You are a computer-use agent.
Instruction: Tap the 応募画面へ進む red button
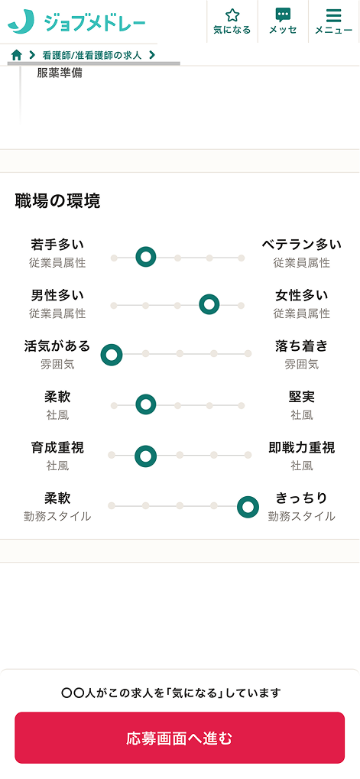pyautogui.click(x=180, y=738)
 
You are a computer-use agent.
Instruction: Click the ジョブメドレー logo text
pyautogui.click(x=95, y=22)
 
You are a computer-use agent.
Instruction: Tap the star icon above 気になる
pyautogui.click(x=232, y=15)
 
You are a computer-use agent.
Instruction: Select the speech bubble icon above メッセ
pyautogui.click(x=283, y=15)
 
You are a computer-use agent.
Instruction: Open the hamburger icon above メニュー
pyautogui.click(x=334, y=15)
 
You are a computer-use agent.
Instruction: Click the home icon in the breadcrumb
pyautogui.click(x=16, y=55)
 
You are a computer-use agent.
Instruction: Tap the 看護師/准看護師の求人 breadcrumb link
pyautogui.click(x=92, y=55)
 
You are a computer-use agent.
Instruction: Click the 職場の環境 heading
pyautogui.click(x=57, y=201)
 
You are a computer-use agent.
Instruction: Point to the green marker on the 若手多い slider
pyautogui.click(x=145, y=257)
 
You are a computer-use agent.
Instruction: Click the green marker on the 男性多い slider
pyautogui.click(x=209, y=304)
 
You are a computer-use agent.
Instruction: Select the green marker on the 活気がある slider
pyautogui.click(x=112, y=355)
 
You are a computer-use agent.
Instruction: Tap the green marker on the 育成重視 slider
pyautogui.click(x=145, y=456)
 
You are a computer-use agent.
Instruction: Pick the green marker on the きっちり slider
pyautogui.click(x=248, y=507)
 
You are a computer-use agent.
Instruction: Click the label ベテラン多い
pyautogui.click(x=302, y=245)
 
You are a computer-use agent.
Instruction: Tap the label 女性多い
pyautogui.click(x=302, y=296)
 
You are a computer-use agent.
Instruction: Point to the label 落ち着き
pyautogui.click(x=302, y=346)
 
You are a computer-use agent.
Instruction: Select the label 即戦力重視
pyautogui.click(x=302, y=448)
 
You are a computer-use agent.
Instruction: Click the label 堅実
pyautogui.click(x=302, y=397)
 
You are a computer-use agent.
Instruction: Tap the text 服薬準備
pyautogui.click(x=60, y=73)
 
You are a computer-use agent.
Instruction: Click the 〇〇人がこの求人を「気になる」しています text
pyautogui.click(x=171, y=693)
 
